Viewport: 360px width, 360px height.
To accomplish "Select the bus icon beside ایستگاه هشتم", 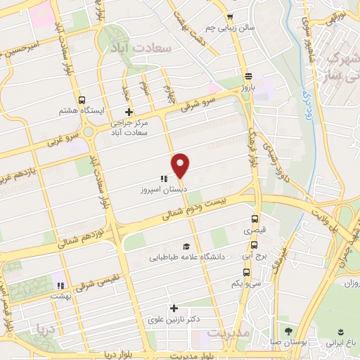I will (82, 101).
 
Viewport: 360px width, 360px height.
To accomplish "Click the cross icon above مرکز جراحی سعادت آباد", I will (129, 112).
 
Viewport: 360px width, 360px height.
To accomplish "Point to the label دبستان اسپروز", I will (162, 190).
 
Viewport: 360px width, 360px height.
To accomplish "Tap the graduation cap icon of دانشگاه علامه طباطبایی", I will (186, 246).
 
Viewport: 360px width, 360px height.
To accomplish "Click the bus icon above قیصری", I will (255, 219).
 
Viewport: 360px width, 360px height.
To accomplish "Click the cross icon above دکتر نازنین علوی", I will (174, 308).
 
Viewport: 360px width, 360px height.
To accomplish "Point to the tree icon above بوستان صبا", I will (288, 330).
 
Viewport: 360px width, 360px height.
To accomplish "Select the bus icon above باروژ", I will (248, 77).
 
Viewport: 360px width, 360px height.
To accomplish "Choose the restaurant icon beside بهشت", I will (61, 285).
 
